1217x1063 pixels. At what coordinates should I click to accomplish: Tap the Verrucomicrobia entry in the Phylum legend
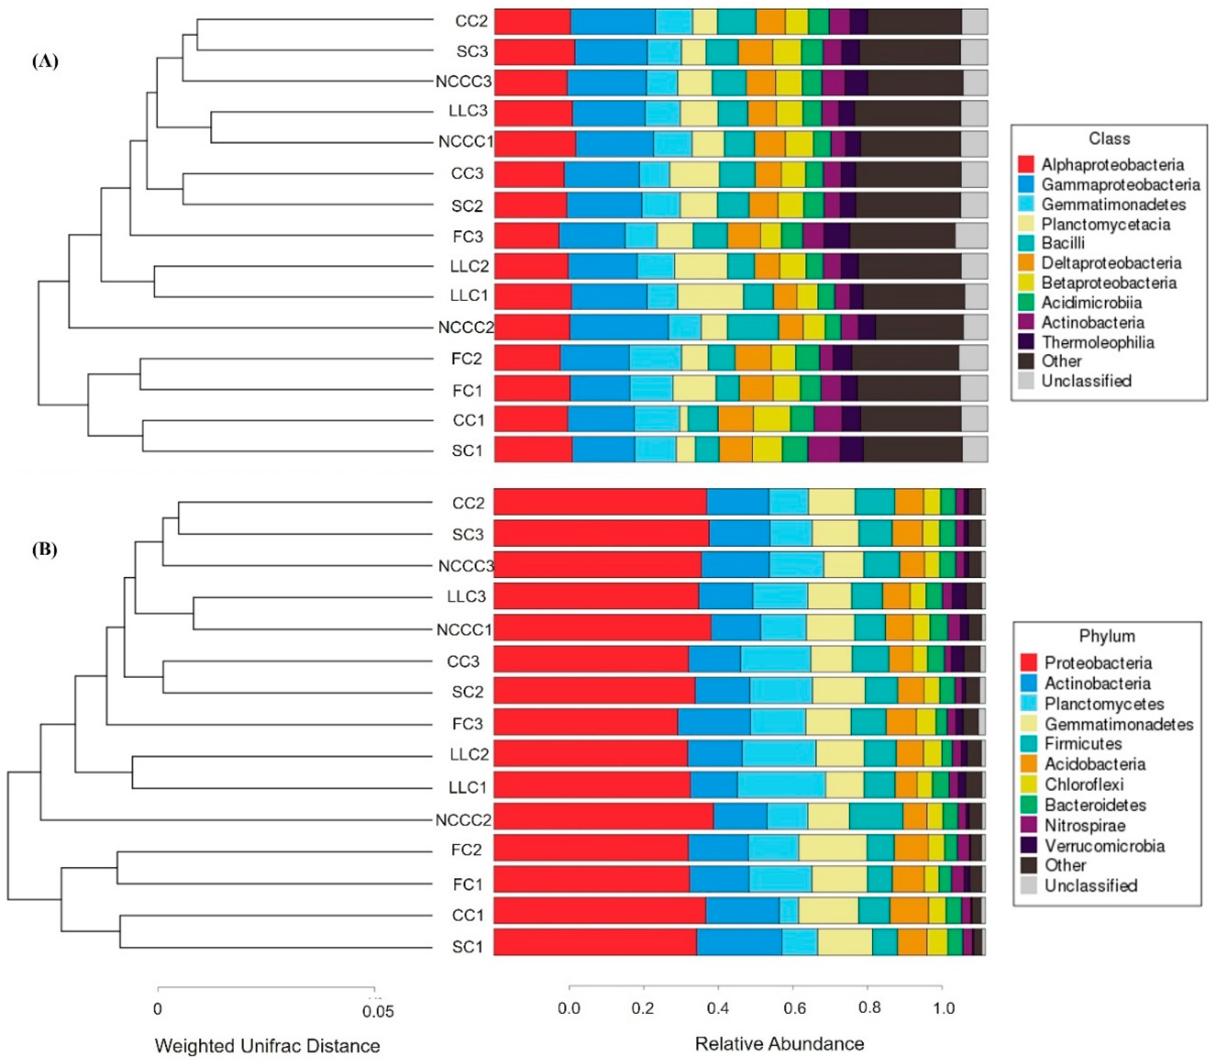pyautogui.click(x=1104, y=845)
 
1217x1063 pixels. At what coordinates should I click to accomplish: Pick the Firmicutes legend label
pyautogui.click(x=1083, y=744)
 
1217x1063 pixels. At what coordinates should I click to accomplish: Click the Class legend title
pyautogui.click(x=1109, y=139)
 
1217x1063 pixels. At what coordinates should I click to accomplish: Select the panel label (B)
pyautogui.click(x=45, y=550)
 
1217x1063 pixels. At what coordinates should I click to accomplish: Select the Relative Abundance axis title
pyautogui.click(x=779, y=1043)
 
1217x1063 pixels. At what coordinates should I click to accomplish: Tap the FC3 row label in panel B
pyautogui.click(x=468, y=724)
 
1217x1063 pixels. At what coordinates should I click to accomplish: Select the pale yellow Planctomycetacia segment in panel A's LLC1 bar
pyautogui.click(x=710, y=296)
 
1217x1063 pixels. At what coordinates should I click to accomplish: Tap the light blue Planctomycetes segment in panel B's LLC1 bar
pyautogui.click(x=781, y=785)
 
